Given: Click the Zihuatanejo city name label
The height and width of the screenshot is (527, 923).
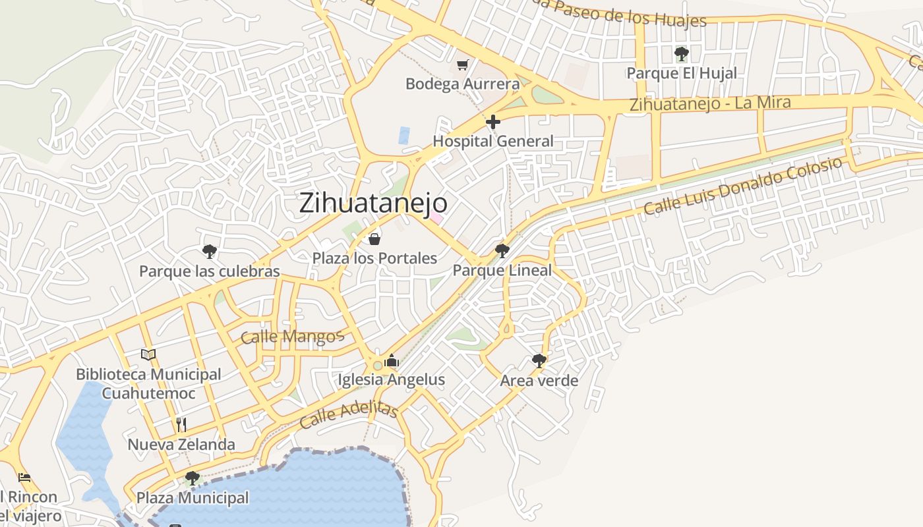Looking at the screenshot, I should [373, 203].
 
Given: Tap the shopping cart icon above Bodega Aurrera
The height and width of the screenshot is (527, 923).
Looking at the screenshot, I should [463, 64].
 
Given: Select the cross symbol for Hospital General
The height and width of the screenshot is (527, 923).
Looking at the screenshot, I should [492, 122].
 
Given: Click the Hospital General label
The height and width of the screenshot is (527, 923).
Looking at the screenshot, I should [492, 141].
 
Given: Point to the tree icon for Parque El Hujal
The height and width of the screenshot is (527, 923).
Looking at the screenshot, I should [682, 53].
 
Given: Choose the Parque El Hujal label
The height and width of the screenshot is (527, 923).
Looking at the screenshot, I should [682, 73].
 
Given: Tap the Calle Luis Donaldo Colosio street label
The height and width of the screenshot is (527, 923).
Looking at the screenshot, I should [743, 186].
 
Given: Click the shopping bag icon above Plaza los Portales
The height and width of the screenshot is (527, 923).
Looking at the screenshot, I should [374, 238].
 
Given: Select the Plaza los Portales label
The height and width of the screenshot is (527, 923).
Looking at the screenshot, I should [374, 258].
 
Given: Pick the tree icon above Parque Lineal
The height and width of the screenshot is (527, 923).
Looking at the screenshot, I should [502, 250].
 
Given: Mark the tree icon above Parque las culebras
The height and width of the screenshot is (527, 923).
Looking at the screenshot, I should [210, 251].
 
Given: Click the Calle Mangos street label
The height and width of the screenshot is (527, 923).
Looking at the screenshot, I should [292, 337].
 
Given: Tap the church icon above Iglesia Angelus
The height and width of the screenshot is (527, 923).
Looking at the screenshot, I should [392, 360].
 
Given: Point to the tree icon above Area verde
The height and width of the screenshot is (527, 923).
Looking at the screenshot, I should [539, 360].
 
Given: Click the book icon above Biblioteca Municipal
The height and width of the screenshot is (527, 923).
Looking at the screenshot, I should [148, 354].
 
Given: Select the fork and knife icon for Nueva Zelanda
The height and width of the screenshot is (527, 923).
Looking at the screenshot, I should [181, 424].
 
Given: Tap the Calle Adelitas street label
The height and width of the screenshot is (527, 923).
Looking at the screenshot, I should [348, 415].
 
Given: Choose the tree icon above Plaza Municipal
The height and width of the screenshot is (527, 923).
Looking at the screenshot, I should [193, 478].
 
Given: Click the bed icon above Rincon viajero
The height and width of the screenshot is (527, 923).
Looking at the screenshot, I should [24, 477].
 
